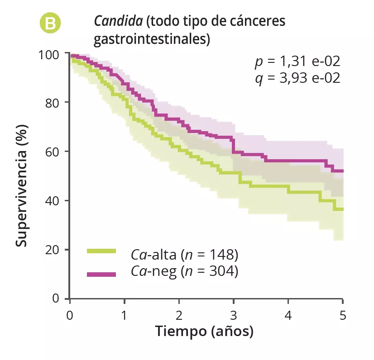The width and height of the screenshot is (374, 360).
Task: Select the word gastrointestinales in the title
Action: tap(152, 39)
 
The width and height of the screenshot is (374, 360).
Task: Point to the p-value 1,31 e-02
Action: tap(297, 62)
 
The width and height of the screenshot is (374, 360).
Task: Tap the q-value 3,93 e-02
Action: tap(297, 78)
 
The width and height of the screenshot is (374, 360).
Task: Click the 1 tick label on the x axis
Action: tap(125, 314)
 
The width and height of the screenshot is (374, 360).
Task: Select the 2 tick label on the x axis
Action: tap(179, 314)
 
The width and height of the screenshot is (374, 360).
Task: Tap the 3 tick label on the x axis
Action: tap(234, 314)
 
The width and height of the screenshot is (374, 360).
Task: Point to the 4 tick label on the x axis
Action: tap(288, 314)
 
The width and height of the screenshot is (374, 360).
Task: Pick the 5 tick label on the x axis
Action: tap(343, 314)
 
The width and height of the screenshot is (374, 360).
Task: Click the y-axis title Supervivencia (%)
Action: tap(21, 186)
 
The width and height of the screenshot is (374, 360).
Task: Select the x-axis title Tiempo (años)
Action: tap(205, 332)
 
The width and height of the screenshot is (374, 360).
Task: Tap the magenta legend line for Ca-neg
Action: tap(101, 274)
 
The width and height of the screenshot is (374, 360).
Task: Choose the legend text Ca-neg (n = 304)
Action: tap(184, 271)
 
